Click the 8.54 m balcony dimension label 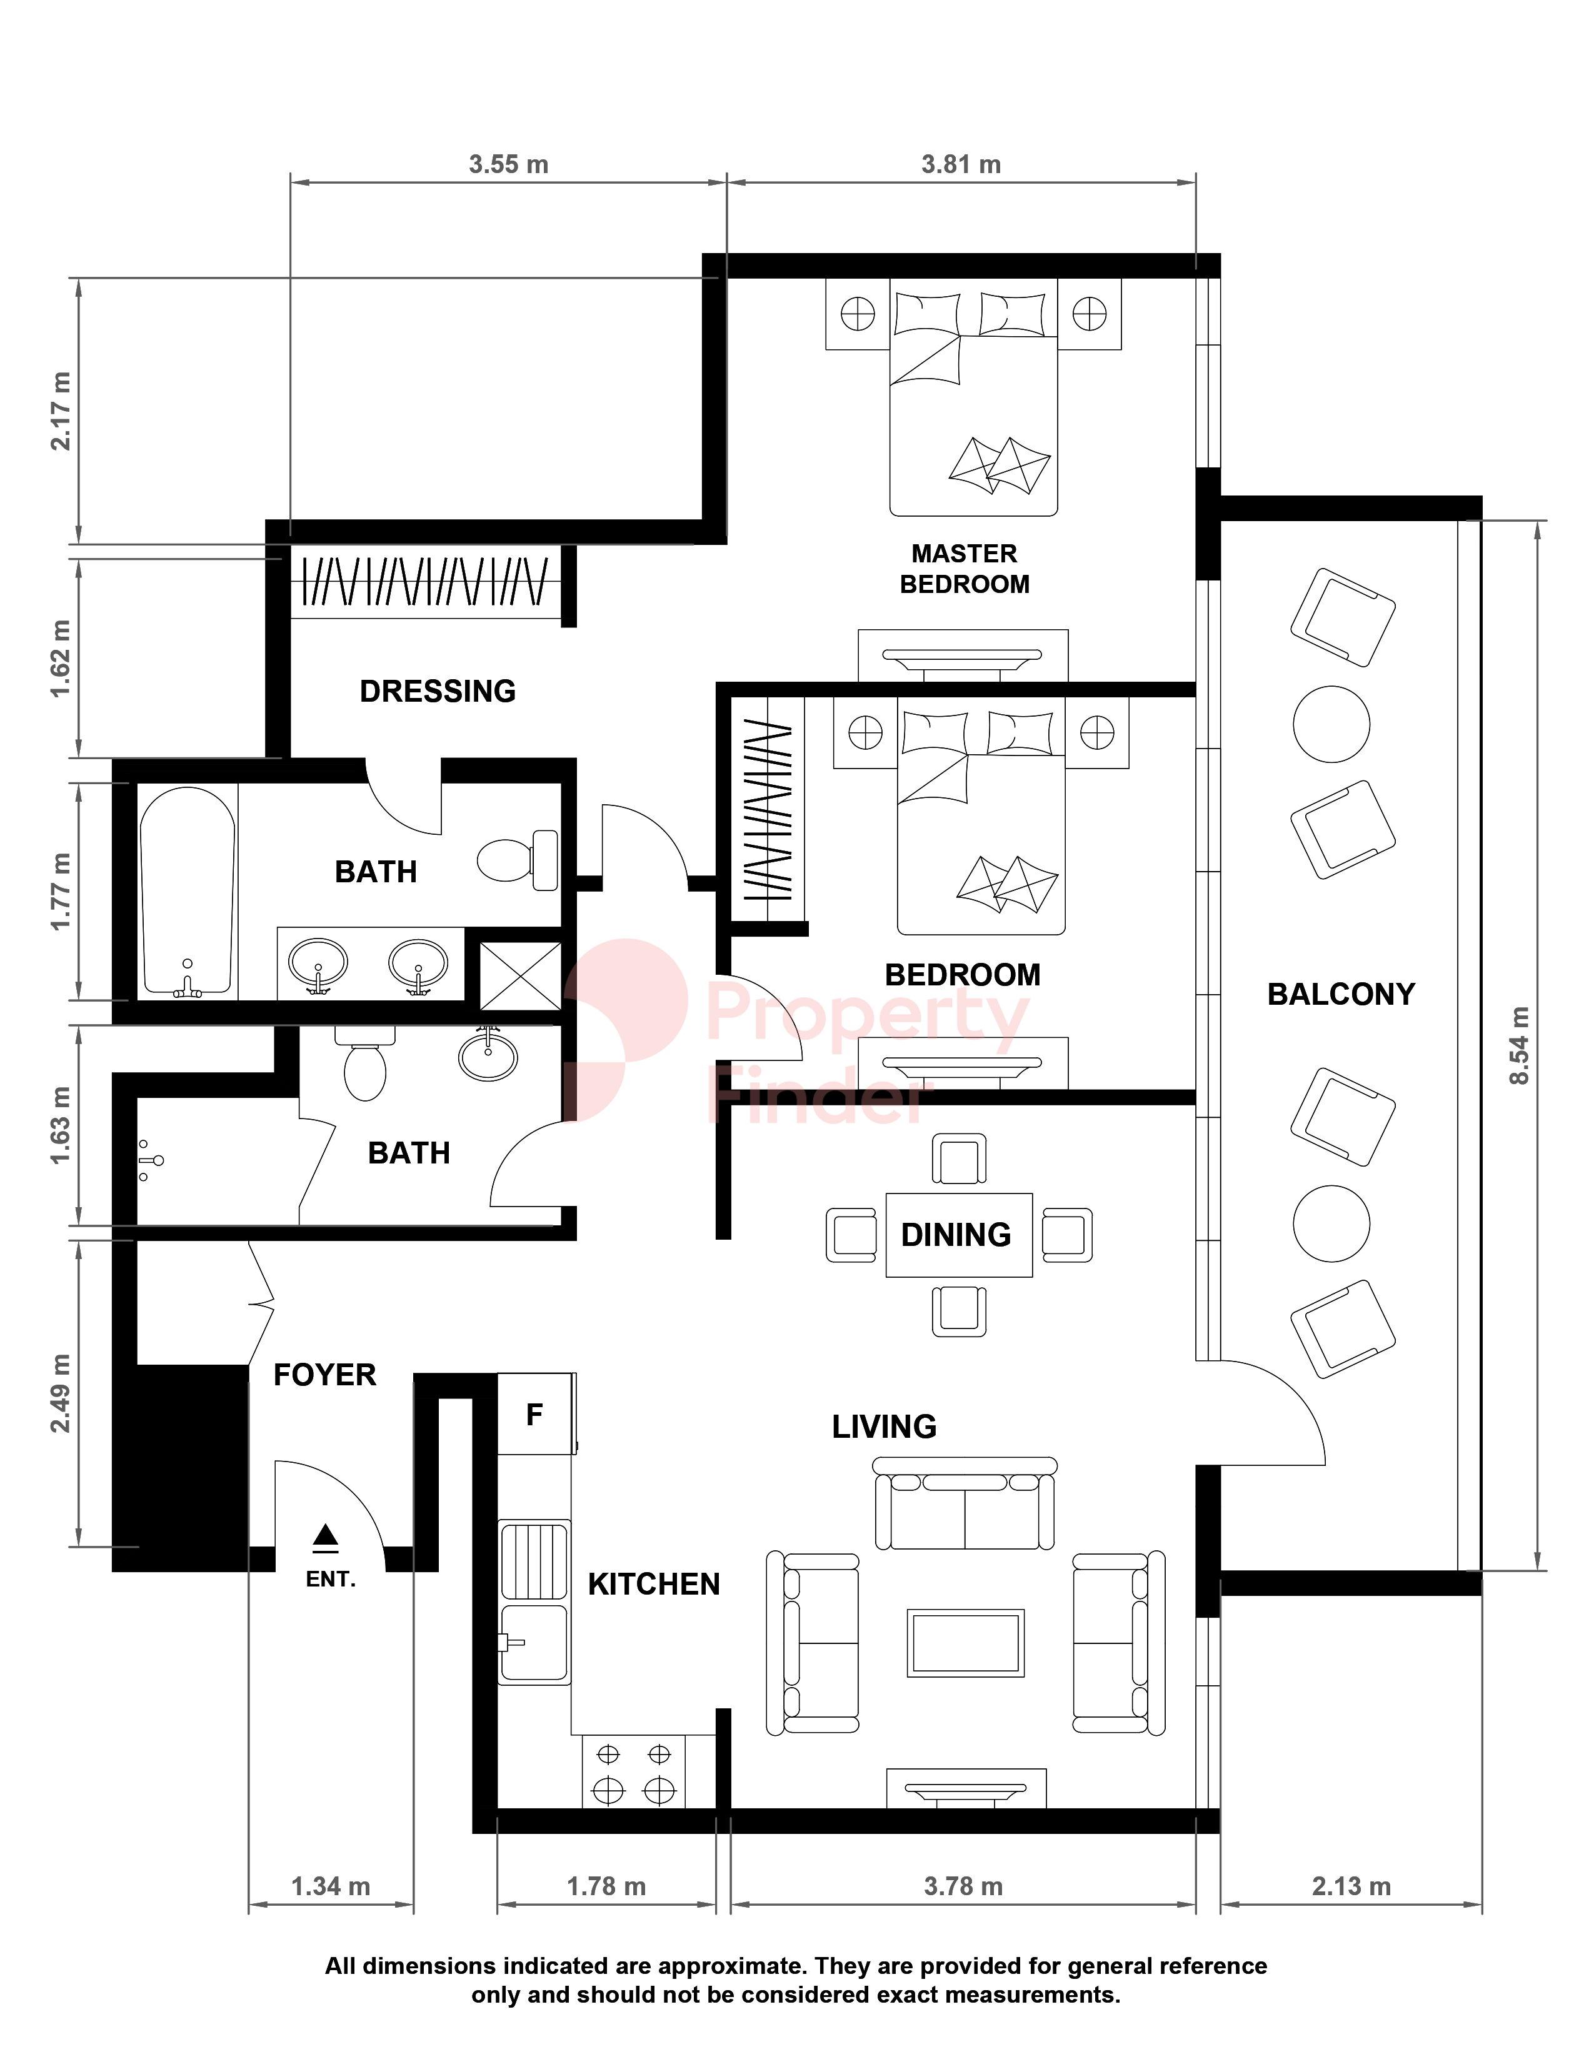coord(1520,1045)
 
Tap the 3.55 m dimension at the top coord(508,164)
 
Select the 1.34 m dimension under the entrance coord(331,1886)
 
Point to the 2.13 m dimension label coord(1351,1886)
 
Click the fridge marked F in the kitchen coord(536,1413)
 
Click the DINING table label coord(956,1235)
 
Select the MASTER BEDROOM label coord(964,569)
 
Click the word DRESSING coord(438,691)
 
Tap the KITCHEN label coord(653,1584)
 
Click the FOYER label coord(325,1375)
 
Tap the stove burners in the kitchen coord(634,1771)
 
